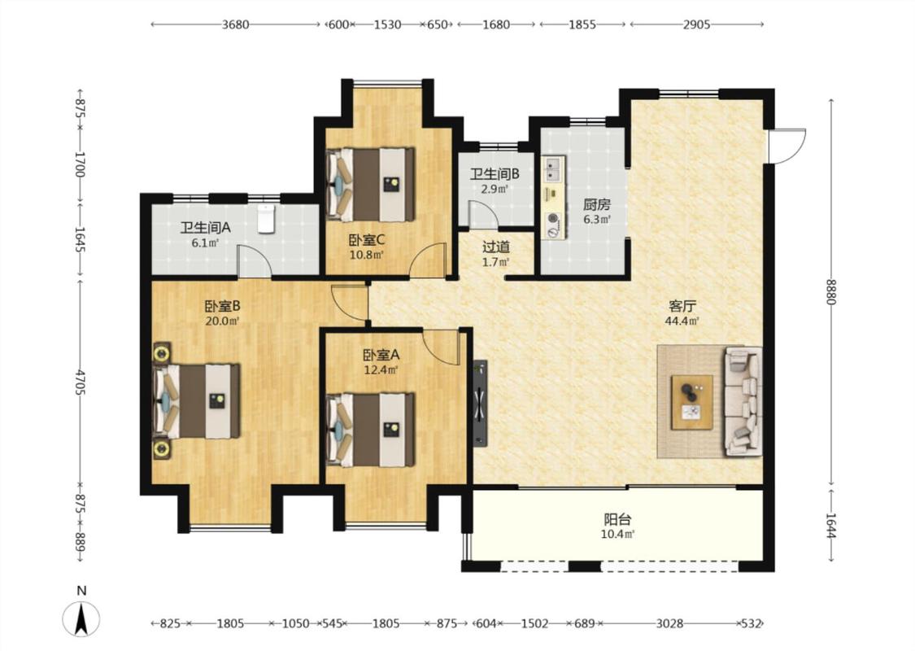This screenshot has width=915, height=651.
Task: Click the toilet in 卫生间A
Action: (266, 219)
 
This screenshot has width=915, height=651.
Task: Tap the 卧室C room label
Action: (367, 239)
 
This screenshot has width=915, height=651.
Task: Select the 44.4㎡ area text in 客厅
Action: (682, 321)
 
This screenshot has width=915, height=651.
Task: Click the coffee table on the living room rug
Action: (691, 402)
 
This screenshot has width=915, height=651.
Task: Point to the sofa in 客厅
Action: (743, 402)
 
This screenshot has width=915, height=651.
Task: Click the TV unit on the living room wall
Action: (480, 403)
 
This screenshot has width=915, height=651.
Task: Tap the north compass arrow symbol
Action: (81, 618)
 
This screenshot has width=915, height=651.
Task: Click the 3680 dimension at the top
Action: (235, 24)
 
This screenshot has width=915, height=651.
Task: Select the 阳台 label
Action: (618, 519)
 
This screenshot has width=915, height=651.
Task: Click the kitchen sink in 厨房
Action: (552, 168)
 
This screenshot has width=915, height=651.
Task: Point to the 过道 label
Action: (496, 247)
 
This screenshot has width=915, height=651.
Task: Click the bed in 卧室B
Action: (197, 400)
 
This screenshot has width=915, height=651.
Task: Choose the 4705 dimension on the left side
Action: (81, 382)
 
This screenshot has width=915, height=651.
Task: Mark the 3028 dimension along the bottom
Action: (669, 623)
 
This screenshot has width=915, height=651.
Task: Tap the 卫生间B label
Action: (495, 173)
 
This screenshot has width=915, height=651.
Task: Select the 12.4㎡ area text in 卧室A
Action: (381, 369)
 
